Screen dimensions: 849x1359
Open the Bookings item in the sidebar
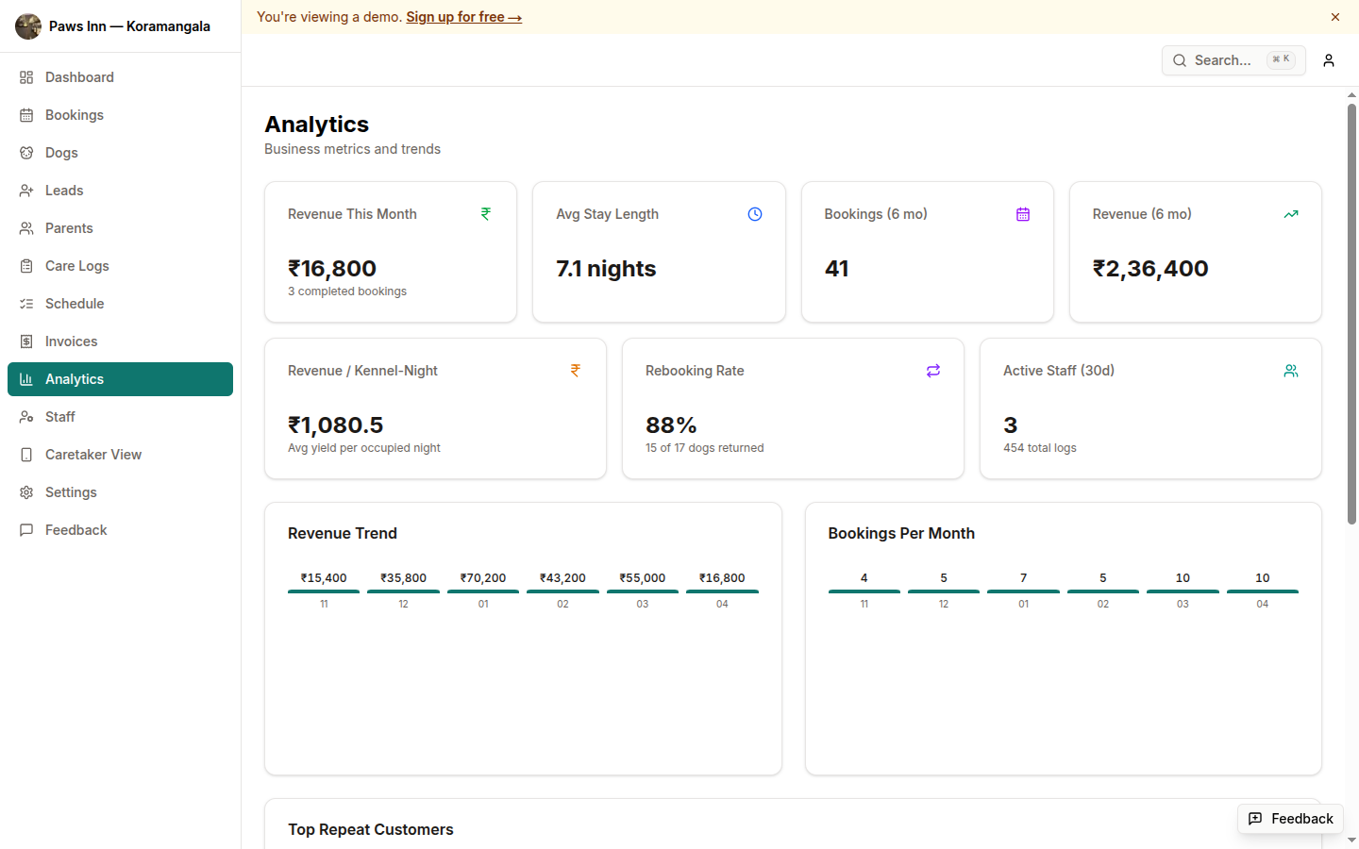(x=74, y=115)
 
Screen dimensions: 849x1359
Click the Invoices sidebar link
(x=71, y=341)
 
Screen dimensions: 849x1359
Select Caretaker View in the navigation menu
(x=92, y=455)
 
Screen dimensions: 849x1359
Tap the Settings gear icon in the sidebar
(x=26, y=492)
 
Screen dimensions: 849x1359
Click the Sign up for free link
(x=463, y=17)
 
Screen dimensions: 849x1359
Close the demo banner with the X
(x=1335, y=17)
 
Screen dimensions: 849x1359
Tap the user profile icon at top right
(x=1329, y=60)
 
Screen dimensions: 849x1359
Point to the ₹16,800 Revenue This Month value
(x=332, y=269)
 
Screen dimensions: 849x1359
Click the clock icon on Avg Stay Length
(x=755, y=214)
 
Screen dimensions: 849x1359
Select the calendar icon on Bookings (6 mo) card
(x=1023, y=214)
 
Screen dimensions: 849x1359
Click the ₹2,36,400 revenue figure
(x=1150, y=269)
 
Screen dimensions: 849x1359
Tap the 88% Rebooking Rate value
(x=671, y=425)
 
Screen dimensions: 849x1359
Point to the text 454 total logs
(x=1039, y=448)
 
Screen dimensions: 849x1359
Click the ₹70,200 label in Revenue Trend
(x=483, y=578)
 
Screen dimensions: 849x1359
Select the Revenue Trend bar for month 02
(x=562, y=591)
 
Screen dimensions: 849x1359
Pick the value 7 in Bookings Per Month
(x=1023, y=578)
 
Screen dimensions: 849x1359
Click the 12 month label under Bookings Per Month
(x=944, y=604)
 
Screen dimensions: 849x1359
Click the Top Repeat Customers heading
(x=370, y=829)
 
